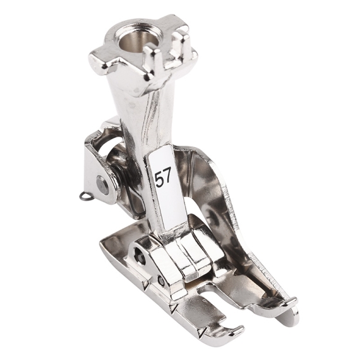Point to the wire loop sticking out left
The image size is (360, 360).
pos(84,196)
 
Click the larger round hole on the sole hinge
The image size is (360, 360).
pos(140,252)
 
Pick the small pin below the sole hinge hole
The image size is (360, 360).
pos(162,279)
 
